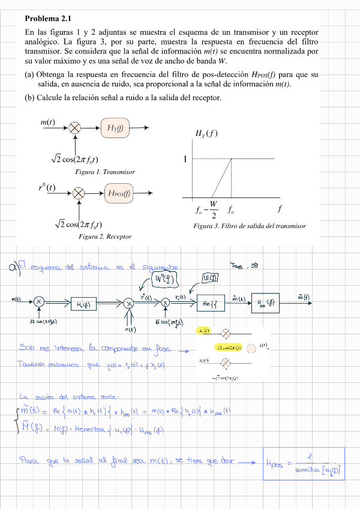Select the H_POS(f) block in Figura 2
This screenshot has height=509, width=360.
coord(119,193)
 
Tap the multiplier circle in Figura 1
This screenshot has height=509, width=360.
coord(76,127)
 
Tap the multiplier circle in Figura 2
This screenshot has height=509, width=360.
coord(79,193)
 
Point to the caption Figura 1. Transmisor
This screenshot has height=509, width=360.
coord(105,172)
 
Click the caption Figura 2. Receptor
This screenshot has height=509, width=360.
coord(105,236)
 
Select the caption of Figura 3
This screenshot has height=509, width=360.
coord(250,226)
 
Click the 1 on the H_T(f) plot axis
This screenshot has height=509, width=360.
coord(185,159)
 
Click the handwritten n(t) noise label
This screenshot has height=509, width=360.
coord(130,329)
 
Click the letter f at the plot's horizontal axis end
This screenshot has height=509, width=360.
coord(280,209)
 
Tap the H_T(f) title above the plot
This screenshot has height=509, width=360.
coord(206,133)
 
